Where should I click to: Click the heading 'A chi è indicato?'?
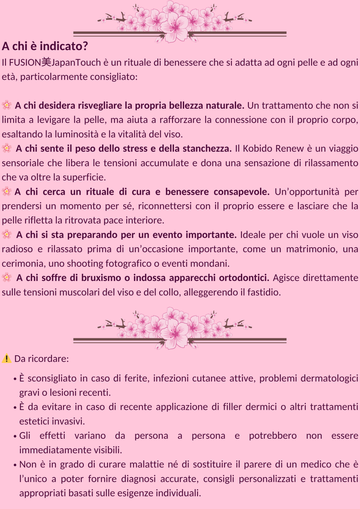click(45, 46)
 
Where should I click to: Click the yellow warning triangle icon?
click(7, 358)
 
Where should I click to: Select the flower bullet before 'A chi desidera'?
click(7, 105)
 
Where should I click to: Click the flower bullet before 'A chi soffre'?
click(7, 278)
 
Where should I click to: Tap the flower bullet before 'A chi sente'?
click(7, 148)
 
